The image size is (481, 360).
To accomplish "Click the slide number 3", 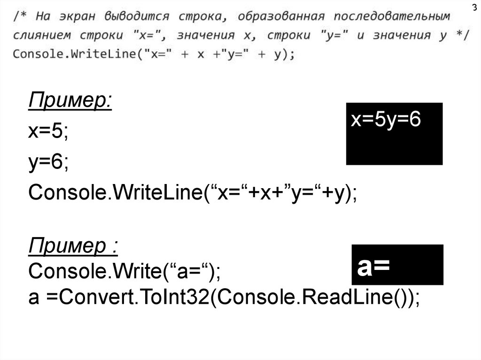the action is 474,8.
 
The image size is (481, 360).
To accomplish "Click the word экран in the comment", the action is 78,16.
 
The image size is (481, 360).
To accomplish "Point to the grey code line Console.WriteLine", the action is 154,54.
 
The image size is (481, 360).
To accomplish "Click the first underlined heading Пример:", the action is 70,101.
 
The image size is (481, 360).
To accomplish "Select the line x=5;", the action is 48,132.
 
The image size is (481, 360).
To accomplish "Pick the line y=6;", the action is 48,162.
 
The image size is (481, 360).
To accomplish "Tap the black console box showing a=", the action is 397,265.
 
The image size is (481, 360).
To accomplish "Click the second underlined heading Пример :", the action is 73,246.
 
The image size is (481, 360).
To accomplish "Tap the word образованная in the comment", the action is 281,16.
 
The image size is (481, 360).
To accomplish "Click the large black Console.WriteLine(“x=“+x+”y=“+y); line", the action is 193,193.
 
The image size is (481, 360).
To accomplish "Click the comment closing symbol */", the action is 461,35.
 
